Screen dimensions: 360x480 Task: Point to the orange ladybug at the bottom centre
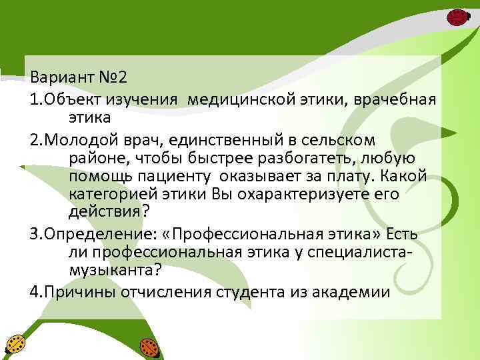click(x=149, y=347)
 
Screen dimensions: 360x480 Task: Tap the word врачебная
click(x=400, y=100)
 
